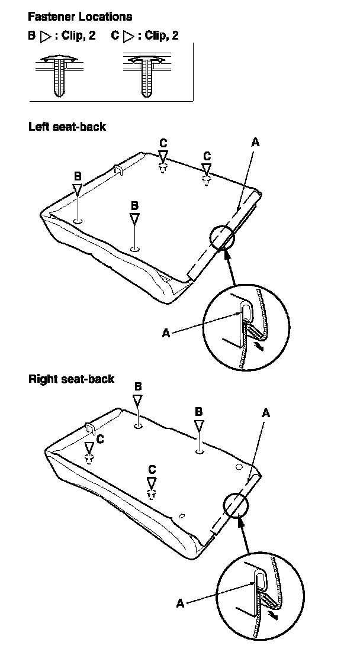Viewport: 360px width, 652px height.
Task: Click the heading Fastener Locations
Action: point(80,17)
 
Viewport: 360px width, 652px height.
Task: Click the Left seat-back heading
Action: point(67,126)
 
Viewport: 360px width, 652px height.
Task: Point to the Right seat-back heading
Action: point(71,379)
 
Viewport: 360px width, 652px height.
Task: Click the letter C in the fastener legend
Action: point(115,36)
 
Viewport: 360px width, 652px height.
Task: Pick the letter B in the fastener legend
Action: point(32,36)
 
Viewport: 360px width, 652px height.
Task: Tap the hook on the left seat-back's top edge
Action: point(117,170)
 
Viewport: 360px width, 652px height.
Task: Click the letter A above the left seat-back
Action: point(255,142)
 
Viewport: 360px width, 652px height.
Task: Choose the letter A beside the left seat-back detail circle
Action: point(166,333)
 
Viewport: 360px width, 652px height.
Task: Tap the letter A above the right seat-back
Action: point(266,414)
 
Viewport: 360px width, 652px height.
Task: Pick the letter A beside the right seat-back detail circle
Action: point(181,603)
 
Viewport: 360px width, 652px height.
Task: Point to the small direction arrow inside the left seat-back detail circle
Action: point(256,346)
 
